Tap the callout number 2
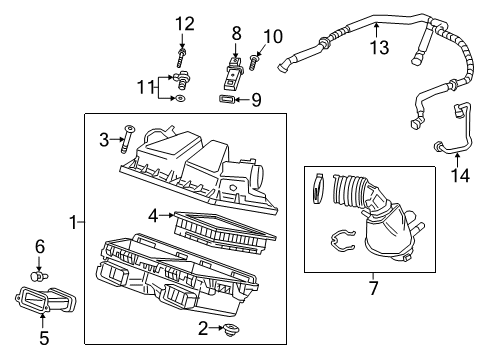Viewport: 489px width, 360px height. point(203,329)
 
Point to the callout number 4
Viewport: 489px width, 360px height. point(153,212)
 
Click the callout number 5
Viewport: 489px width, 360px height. point(44,338)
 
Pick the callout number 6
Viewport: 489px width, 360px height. point(40,246)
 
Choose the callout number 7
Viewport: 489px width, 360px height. point(371,289)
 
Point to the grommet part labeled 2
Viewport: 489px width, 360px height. point(232,327)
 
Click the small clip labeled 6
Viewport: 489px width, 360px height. point(40,271)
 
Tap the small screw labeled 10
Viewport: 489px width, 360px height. point(254,64)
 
